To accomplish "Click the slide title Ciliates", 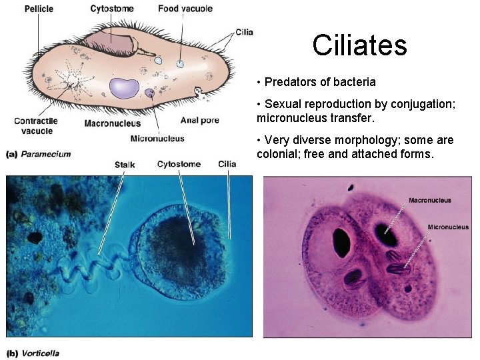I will pyautogui.click(x=359, y=45).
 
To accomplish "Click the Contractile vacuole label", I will pyautogui.click(x=37, y=126).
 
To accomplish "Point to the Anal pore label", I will pyautogui.click(x=200, y=121).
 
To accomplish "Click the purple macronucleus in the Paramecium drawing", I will pyautogui.click(x=124, y=87).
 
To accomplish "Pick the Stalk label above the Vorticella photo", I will pyautogui.click(x=125, y=165).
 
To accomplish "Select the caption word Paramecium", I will pyautogui.click(x=45, y=154).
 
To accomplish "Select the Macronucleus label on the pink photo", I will pyautogui.click(x=429, y=200).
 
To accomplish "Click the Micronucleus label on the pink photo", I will pyautogui.click(x=448, y=227).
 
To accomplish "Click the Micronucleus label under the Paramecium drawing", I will pyautogui.click(x=157, y=139).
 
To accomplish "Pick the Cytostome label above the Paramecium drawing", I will pyautogui.click(x=111, y=9).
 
